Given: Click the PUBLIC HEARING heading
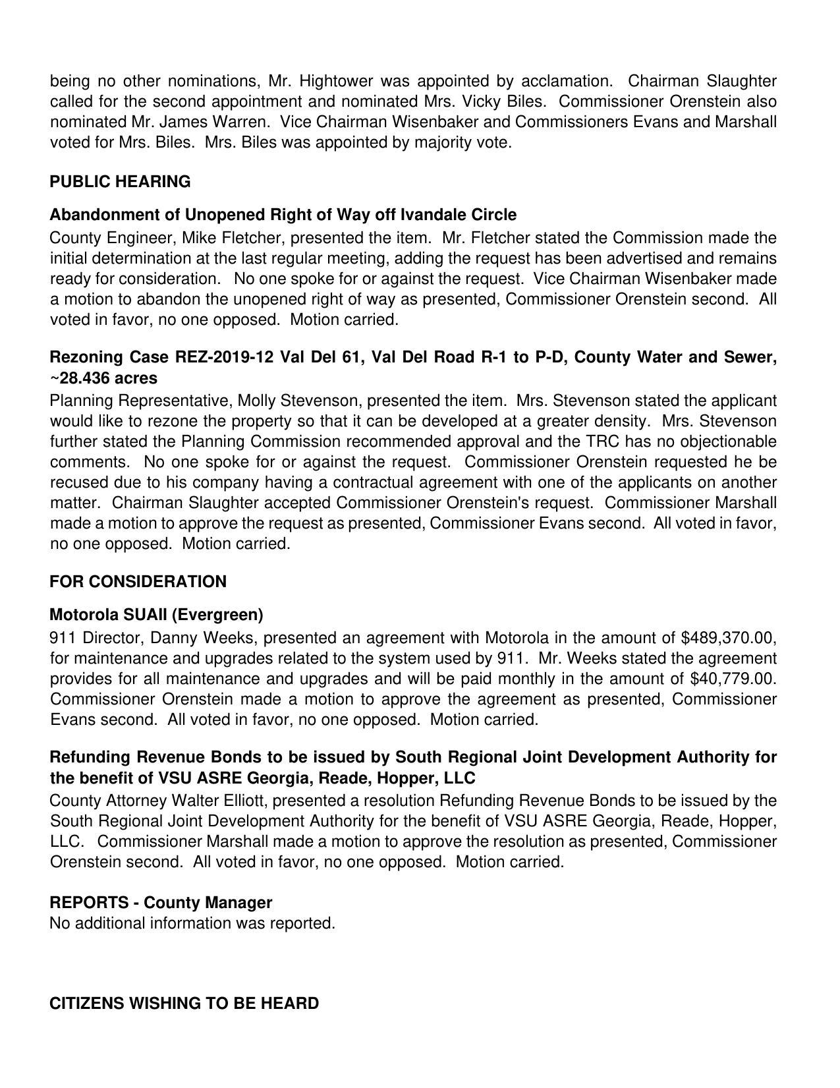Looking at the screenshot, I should (120, 182).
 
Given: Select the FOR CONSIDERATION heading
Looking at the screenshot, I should (138, 582).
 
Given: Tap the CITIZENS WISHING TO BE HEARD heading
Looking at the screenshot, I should (184, 1004).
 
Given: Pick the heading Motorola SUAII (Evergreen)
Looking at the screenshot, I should (156, 615).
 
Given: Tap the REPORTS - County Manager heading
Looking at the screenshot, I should (161, 903).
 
